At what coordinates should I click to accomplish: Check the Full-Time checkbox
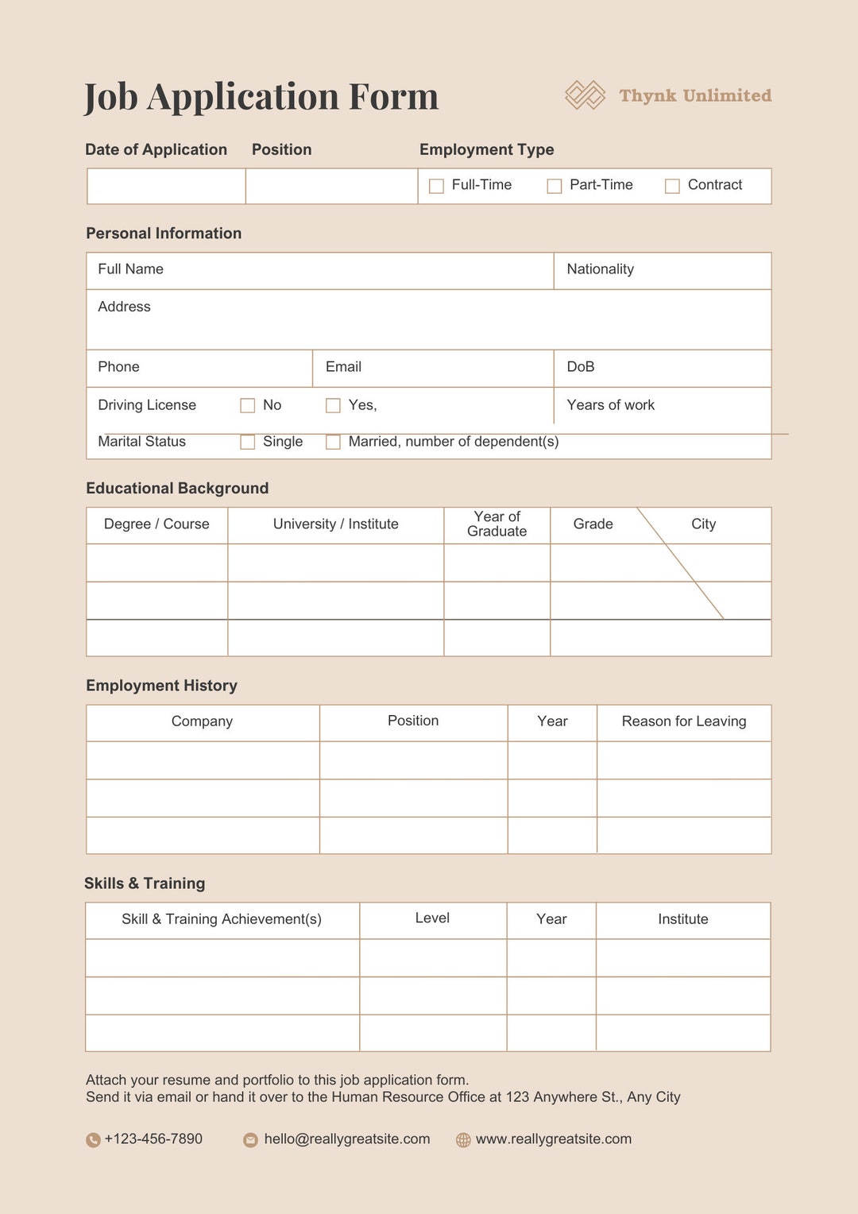[436, 186]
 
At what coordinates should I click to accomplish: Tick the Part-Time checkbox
[555, 186]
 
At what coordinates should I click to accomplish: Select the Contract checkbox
[672, 186]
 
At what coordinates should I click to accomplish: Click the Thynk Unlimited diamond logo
[586, 95]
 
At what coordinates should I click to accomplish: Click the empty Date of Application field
[166, 187]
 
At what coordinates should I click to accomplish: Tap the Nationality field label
[600, 269]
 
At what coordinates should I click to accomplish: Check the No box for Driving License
[248, 406]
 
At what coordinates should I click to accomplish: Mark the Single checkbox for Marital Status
[248, 442]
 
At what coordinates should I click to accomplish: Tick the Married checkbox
[334, 442]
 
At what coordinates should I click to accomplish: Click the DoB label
[581, 367]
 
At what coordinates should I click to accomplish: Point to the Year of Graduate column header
[497, 524]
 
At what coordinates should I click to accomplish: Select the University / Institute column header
[336, 524]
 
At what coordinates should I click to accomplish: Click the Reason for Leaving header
[684, 721]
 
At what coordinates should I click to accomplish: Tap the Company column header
[203, 721]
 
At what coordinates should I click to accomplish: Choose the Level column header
[432, 918]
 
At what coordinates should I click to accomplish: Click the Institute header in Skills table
[683, 919]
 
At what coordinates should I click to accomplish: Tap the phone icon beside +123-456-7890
[93, 1140]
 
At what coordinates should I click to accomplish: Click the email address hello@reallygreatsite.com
[347, 1139]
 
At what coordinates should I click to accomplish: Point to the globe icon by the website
[463, 1140]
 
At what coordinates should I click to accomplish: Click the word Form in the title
[393, 97]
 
